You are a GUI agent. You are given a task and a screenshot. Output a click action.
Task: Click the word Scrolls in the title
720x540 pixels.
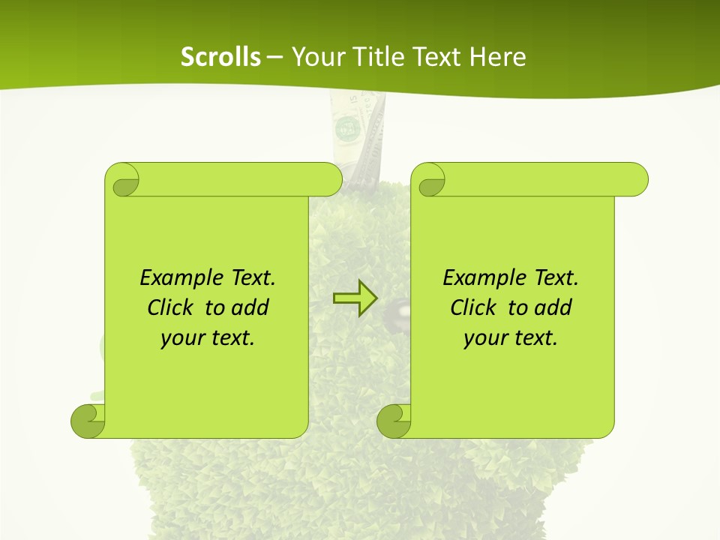tap(220, 57)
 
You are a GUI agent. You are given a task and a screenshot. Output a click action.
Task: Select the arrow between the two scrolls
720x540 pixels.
tap(354, 298)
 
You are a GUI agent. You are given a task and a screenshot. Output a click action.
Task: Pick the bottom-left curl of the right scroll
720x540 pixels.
tap(394, 421)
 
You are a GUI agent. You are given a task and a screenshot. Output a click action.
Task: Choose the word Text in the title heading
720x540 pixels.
tap(436, 57)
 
